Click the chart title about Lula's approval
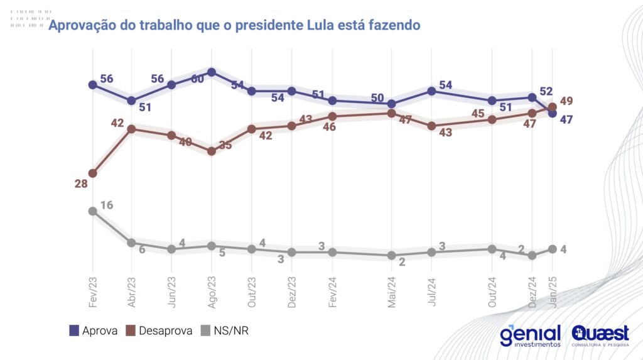point(234,25)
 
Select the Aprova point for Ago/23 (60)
point(212,72)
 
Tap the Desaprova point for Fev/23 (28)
point(92,173)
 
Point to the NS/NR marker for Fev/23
point(92,211)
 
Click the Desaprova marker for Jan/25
point(553,107)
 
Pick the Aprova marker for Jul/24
point(432,91)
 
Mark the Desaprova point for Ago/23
point(212,151)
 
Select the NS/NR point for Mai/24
point(391,256)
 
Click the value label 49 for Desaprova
point(566,101)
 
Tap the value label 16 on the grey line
point(106,205)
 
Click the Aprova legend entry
point(93,330)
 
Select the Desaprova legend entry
point(159,330)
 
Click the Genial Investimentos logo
point(530,335)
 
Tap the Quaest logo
point(600,335)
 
